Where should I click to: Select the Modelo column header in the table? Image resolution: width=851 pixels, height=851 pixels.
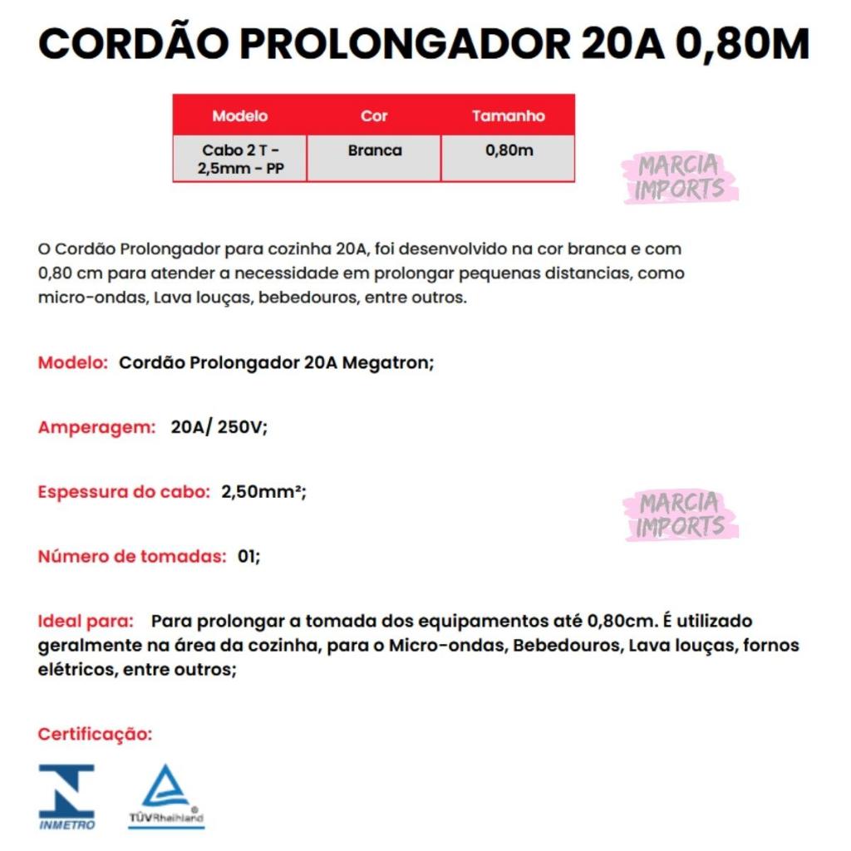point(239,116)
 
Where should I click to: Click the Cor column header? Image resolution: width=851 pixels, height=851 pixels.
point(374,116)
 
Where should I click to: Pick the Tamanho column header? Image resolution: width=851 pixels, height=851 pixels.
point(508,116)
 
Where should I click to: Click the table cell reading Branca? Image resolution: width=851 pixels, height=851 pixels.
point(374,150)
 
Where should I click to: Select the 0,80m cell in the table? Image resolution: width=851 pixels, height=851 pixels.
point(508,150)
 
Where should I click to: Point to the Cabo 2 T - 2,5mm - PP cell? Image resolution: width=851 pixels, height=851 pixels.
point(240,159)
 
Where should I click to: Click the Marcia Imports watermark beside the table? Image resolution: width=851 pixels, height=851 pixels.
point(680,178)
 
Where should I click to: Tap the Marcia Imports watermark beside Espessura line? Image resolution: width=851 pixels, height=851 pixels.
point(680,515)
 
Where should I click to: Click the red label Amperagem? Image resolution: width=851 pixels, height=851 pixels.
point(97,427)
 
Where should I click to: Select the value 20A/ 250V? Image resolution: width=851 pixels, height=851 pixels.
point(219,427)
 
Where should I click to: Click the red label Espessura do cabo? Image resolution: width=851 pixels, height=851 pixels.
point(124,491)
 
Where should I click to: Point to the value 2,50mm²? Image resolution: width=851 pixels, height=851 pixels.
point(263,491)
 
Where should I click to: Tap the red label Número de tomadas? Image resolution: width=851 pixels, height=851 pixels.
point(132,556)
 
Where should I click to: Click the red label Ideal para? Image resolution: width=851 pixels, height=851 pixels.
point(86,621)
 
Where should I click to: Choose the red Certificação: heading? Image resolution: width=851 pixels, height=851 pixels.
point(96,735)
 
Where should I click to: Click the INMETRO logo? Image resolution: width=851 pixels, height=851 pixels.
point(67,796)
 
